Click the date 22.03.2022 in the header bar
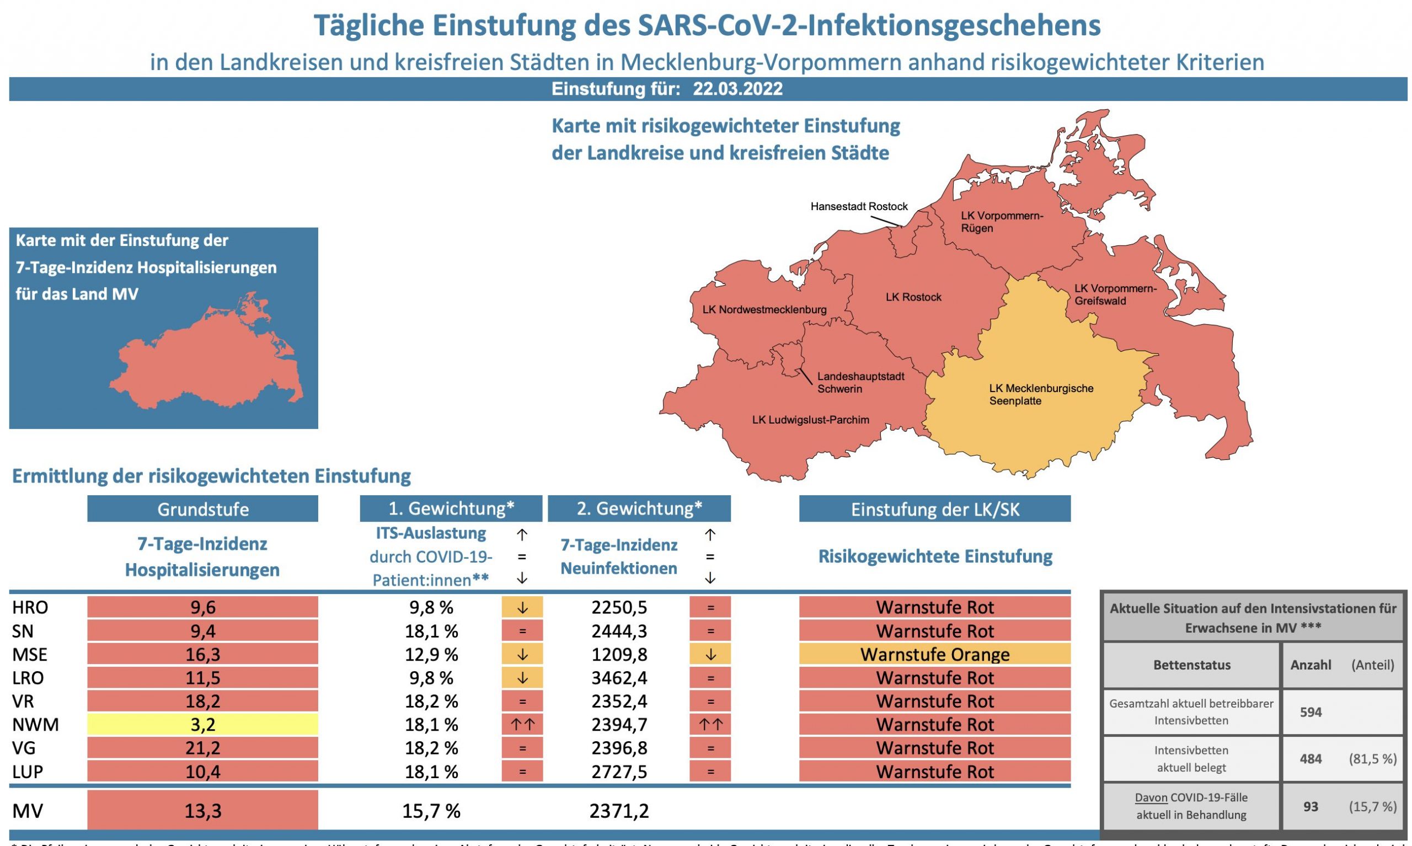737,89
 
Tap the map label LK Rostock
913,297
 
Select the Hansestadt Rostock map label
858,206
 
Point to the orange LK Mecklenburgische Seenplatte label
1041,394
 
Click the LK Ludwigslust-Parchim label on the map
811,420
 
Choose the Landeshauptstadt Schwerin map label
860,383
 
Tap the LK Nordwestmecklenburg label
764,309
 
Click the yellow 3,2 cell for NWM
202,725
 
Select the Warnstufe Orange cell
934,655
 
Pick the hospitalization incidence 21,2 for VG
202,748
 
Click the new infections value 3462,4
619,678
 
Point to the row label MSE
30,655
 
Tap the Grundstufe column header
202,509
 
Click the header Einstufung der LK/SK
934,509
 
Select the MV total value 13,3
202,811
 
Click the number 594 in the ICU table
1311,711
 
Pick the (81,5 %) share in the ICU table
1372,759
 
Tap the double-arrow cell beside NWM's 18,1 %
522,725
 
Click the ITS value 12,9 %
431,655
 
